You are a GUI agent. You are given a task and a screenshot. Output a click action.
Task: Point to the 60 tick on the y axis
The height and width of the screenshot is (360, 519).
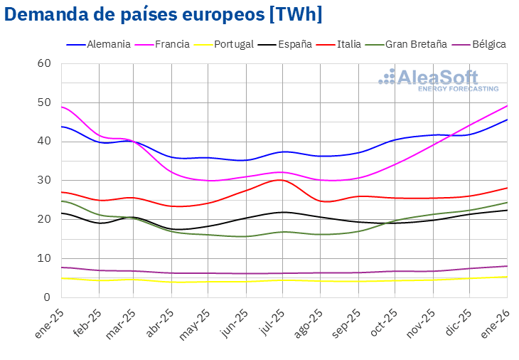pos(45,63)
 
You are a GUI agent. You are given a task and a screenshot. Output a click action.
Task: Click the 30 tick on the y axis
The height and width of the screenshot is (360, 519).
pos(45,180)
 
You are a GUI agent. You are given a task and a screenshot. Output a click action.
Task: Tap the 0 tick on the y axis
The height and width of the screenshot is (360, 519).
pos(48,297)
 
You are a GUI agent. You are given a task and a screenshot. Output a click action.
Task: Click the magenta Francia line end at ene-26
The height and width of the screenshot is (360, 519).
pos(507,105)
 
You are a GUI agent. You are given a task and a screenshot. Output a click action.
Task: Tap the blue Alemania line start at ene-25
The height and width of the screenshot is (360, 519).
pos(62,127)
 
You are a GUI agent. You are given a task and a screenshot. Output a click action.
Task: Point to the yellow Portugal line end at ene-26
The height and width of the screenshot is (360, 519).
pos(507,277)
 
